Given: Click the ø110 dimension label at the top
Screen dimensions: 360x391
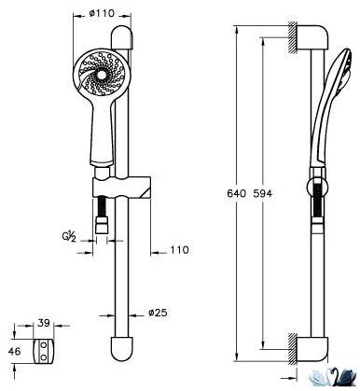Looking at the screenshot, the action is click(x=102, y=13).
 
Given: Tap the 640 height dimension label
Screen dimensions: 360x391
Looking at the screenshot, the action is click(x=236, y=193).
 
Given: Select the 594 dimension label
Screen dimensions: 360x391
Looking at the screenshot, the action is click(x=262, y=193).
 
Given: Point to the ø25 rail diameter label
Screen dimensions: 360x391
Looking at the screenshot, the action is click(x=158, y=313).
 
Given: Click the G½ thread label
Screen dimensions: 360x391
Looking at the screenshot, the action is click(x=68, y=237).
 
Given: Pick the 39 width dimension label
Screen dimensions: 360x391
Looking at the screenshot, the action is click(x=44, y=323).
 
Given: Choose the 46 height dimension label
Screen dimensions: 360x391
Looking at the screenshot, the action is click(x=15, y=352).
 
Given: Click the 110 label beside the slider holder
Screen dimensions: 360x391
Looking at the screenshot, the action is click(x=179, y=250).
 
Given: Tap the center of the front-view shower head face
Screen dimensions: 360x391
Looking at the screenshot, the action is click(x=102, y=75).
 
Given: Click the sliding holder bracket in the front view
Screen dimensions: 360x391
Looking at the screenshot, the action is click(x=121, y=187).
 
